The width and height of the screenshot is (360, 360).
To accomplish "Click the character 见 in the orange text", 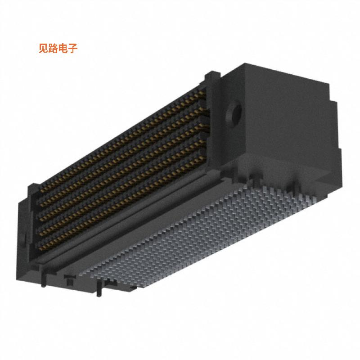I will (x=44, y=49).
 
